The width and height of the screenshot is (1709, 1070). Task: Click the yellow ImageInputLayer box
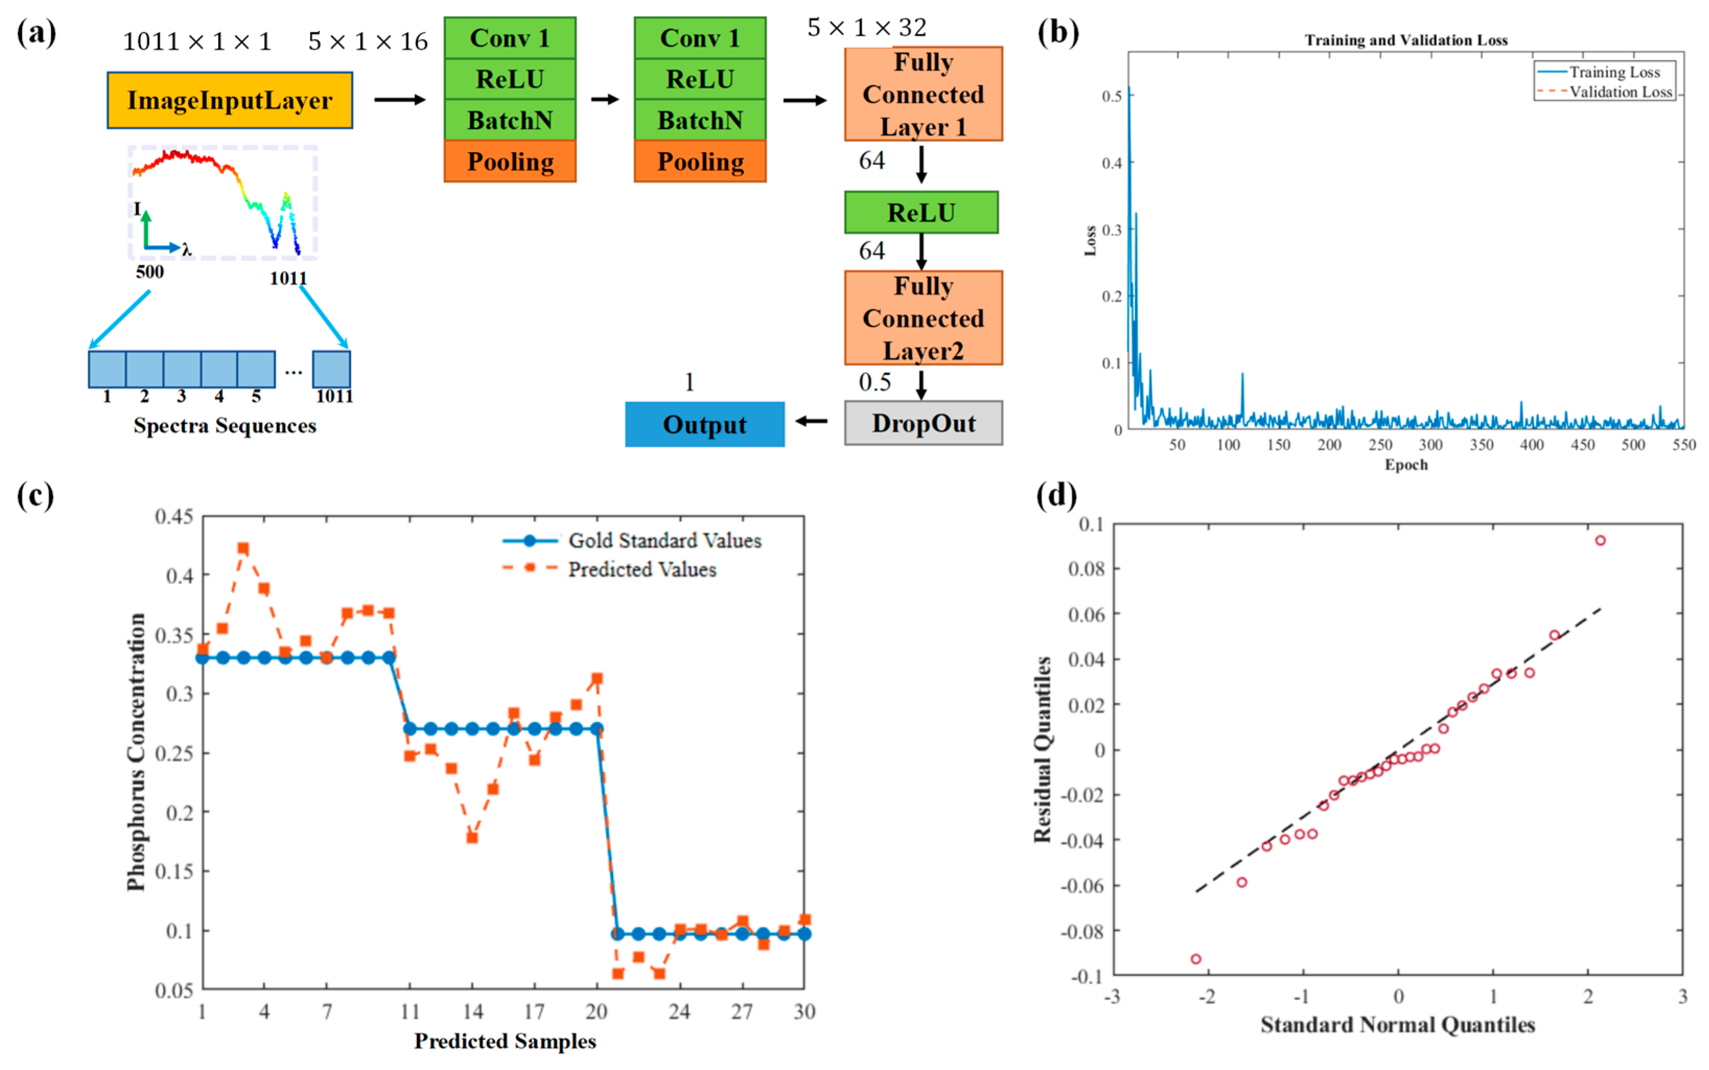point(229,100)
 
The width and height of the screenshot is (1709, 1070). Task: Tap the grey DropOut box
point(922,423)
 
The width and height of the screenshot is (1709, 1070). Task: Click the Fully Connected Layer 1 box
point(922,94)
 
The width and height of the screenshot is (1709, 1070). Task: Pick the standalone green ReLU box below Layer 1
point(920,212)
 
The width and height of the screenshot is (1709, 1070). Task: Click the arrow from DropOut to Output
point(811,421)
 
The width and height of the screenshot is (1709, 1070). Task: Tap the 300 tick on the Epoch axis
point(1430,445)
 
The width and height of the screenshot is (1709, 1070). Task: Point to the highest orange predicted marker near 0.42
point(243,549)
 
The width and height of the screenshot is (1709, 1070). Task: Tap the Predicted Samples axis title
point(505,1041)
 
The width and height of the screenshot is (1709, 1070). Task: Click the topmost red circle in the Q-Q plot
point(1599,541)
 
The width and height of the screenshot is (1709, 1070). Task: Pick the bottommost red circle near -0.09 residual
point(1196,959)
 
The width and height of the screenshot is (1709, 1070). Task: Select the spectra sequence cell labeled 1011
point(331,369)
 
